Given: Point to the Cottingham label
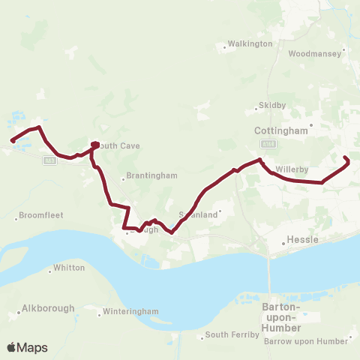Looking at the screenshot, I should click(x=281, y=130).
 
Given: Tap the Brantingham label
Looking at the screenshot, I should click(x=152, y=175).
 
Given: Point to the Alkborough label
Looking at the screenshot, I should click(x=48, y=308).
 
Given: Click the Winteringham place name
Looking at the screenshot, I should click(x=131, y=311).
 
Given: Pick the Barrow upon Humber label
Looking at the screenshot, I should click(x=307, y=341).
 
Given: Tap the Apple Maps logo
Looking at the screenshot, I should click(x=27, y=348).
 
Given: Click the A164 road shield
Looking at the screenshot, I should click(x=269, y=142).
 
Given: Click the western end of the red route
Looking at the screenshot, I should click(x=12, y=140).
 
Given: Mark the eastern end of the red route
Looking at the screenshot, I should click(x=346, y=157).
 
